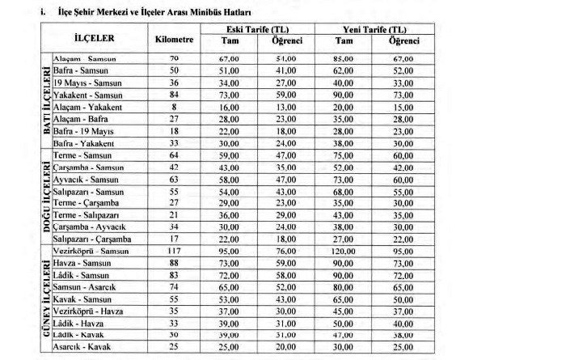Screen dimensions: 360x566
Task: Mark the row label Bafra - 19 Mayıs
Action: pos(82,131)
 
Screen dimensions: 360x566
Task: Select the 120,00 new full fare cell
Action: pos(345,251)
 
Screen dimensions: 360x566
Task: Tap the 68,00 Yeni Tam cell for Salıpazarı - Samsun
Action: pos(345,193)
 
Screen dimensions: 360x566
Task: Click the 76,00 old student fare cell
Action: pos(284,251)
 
